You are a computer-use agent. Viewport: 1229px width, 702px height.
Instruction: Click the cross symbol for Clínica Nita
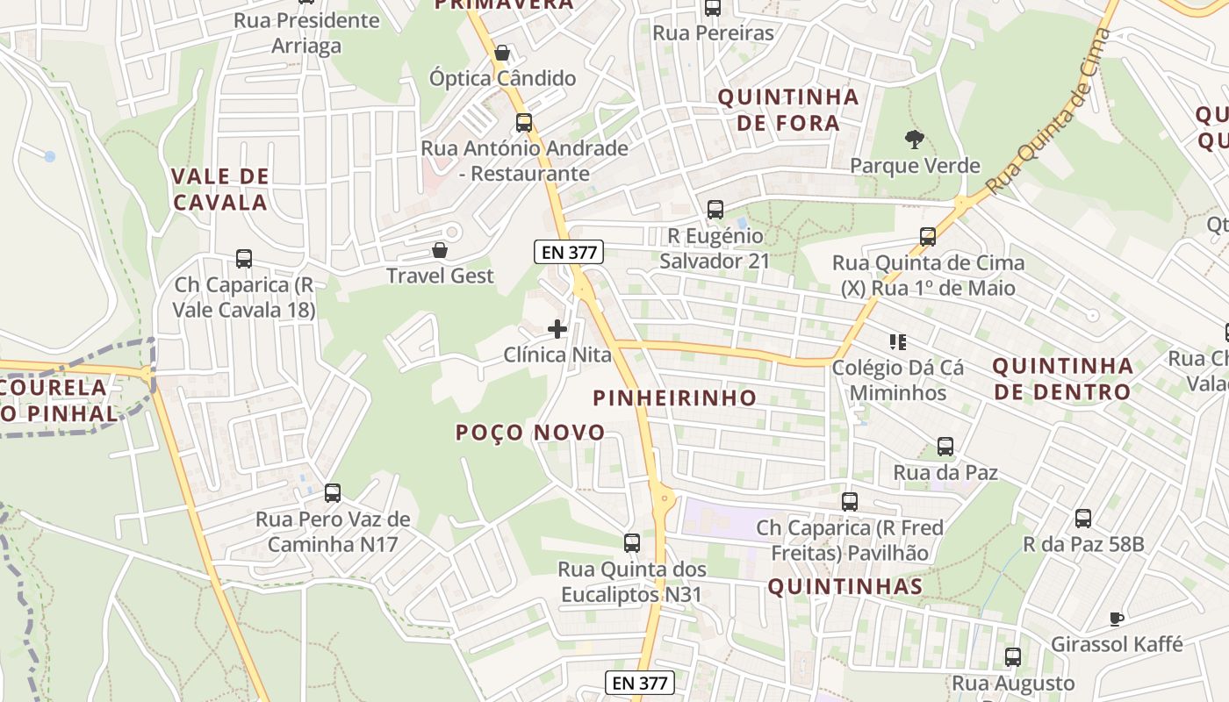click(x=557, y=329)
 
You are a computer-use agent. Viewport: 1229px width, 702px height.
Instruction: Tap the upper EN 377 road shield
click(x=569, y=253)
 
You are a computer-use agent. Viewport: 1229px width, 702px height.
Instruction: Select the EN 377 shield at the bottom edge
click(x=640, y=683)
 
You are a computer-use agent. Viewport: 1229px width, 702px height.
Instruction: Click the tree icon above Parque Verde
click(x=915, y=139)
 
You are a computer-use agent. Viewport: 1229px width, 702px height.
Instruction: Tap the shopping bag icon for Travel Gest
click(x=440, y=251)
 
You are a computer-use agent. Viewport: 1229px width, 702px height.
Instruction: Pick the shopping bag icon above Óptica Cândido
click(x=502, y=53)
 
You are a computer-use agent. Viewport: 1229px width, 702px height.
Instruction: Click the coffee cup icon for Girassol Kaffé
click(x=1117, y=619)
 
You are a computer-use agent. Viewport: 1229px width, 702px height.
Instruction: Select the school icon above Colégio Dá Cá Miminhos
click(x=897, y=341)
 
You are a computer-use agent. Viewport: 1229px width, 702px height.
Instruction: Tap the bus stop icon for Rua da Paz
click(x=945, y=447)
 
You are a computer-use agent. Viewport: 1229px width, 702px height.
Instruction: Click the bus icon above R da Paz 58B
click(x=1083, y=519)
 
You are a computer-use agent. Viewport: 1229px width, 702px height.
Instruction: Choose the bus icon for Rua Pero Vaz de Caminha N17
click(x=333, y=493)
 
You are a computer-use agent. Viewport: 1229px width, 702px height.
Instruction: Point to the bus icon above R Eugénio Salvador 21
click(x=715, y=210)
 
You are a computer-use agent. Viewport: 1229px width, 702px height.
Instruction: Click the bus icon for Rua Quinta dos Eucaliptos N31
click(x=632, y=543)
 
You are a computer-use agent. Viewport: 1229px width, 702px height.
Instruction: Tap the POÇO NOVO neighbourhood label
click(x=530, y=432)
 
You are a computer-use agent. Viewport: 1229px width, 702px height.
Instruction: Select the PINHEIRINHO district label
click(x=674, y=398)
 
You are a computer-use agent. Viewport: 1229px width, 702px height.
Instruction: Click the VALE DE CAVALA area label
click(x=220, y=190)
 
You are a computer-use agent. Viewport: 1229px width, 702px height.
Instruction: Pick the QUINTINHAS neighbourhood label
click(x=844, y=587)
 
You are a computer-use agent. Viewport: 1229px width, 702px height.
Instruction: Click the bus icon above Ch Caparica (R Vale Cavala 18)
click(x=244, y=259)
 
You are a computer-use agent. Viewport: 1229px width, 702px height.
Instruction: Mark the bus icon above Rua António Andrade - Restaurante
click(x=524, y=123)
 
